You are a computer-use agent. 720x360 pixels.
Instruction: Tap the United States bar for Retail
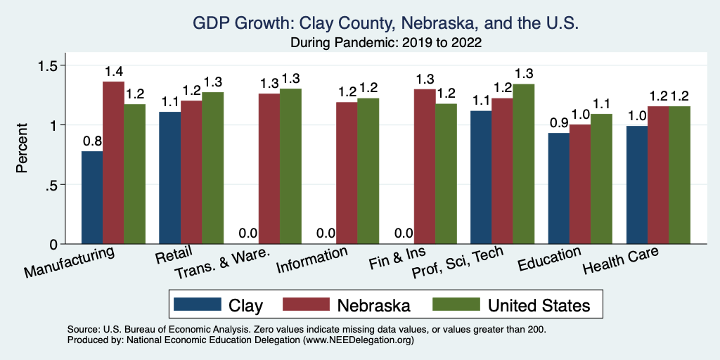212,168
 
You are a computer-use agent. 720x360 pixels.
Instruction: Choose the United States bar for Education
601,179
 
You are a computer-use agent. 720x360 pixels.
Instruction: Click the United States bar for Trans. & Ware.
290,166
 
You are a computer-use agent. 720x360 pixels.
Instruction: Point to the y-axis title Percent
22,149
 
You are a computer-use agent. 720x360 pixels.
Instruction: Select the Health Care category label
621,263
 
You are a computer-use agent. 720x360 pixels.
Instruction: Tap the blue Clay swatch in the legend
197,304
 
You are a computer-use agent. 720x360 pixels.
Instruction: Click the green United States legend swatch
455,304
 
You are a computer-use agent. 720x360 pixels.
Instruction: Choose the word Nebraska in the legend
373,305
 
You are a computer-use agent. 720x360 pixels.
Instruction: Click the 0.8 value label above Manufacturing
92,141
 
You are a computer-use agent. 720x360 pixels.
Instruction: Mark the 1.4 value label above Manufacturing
114,72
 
